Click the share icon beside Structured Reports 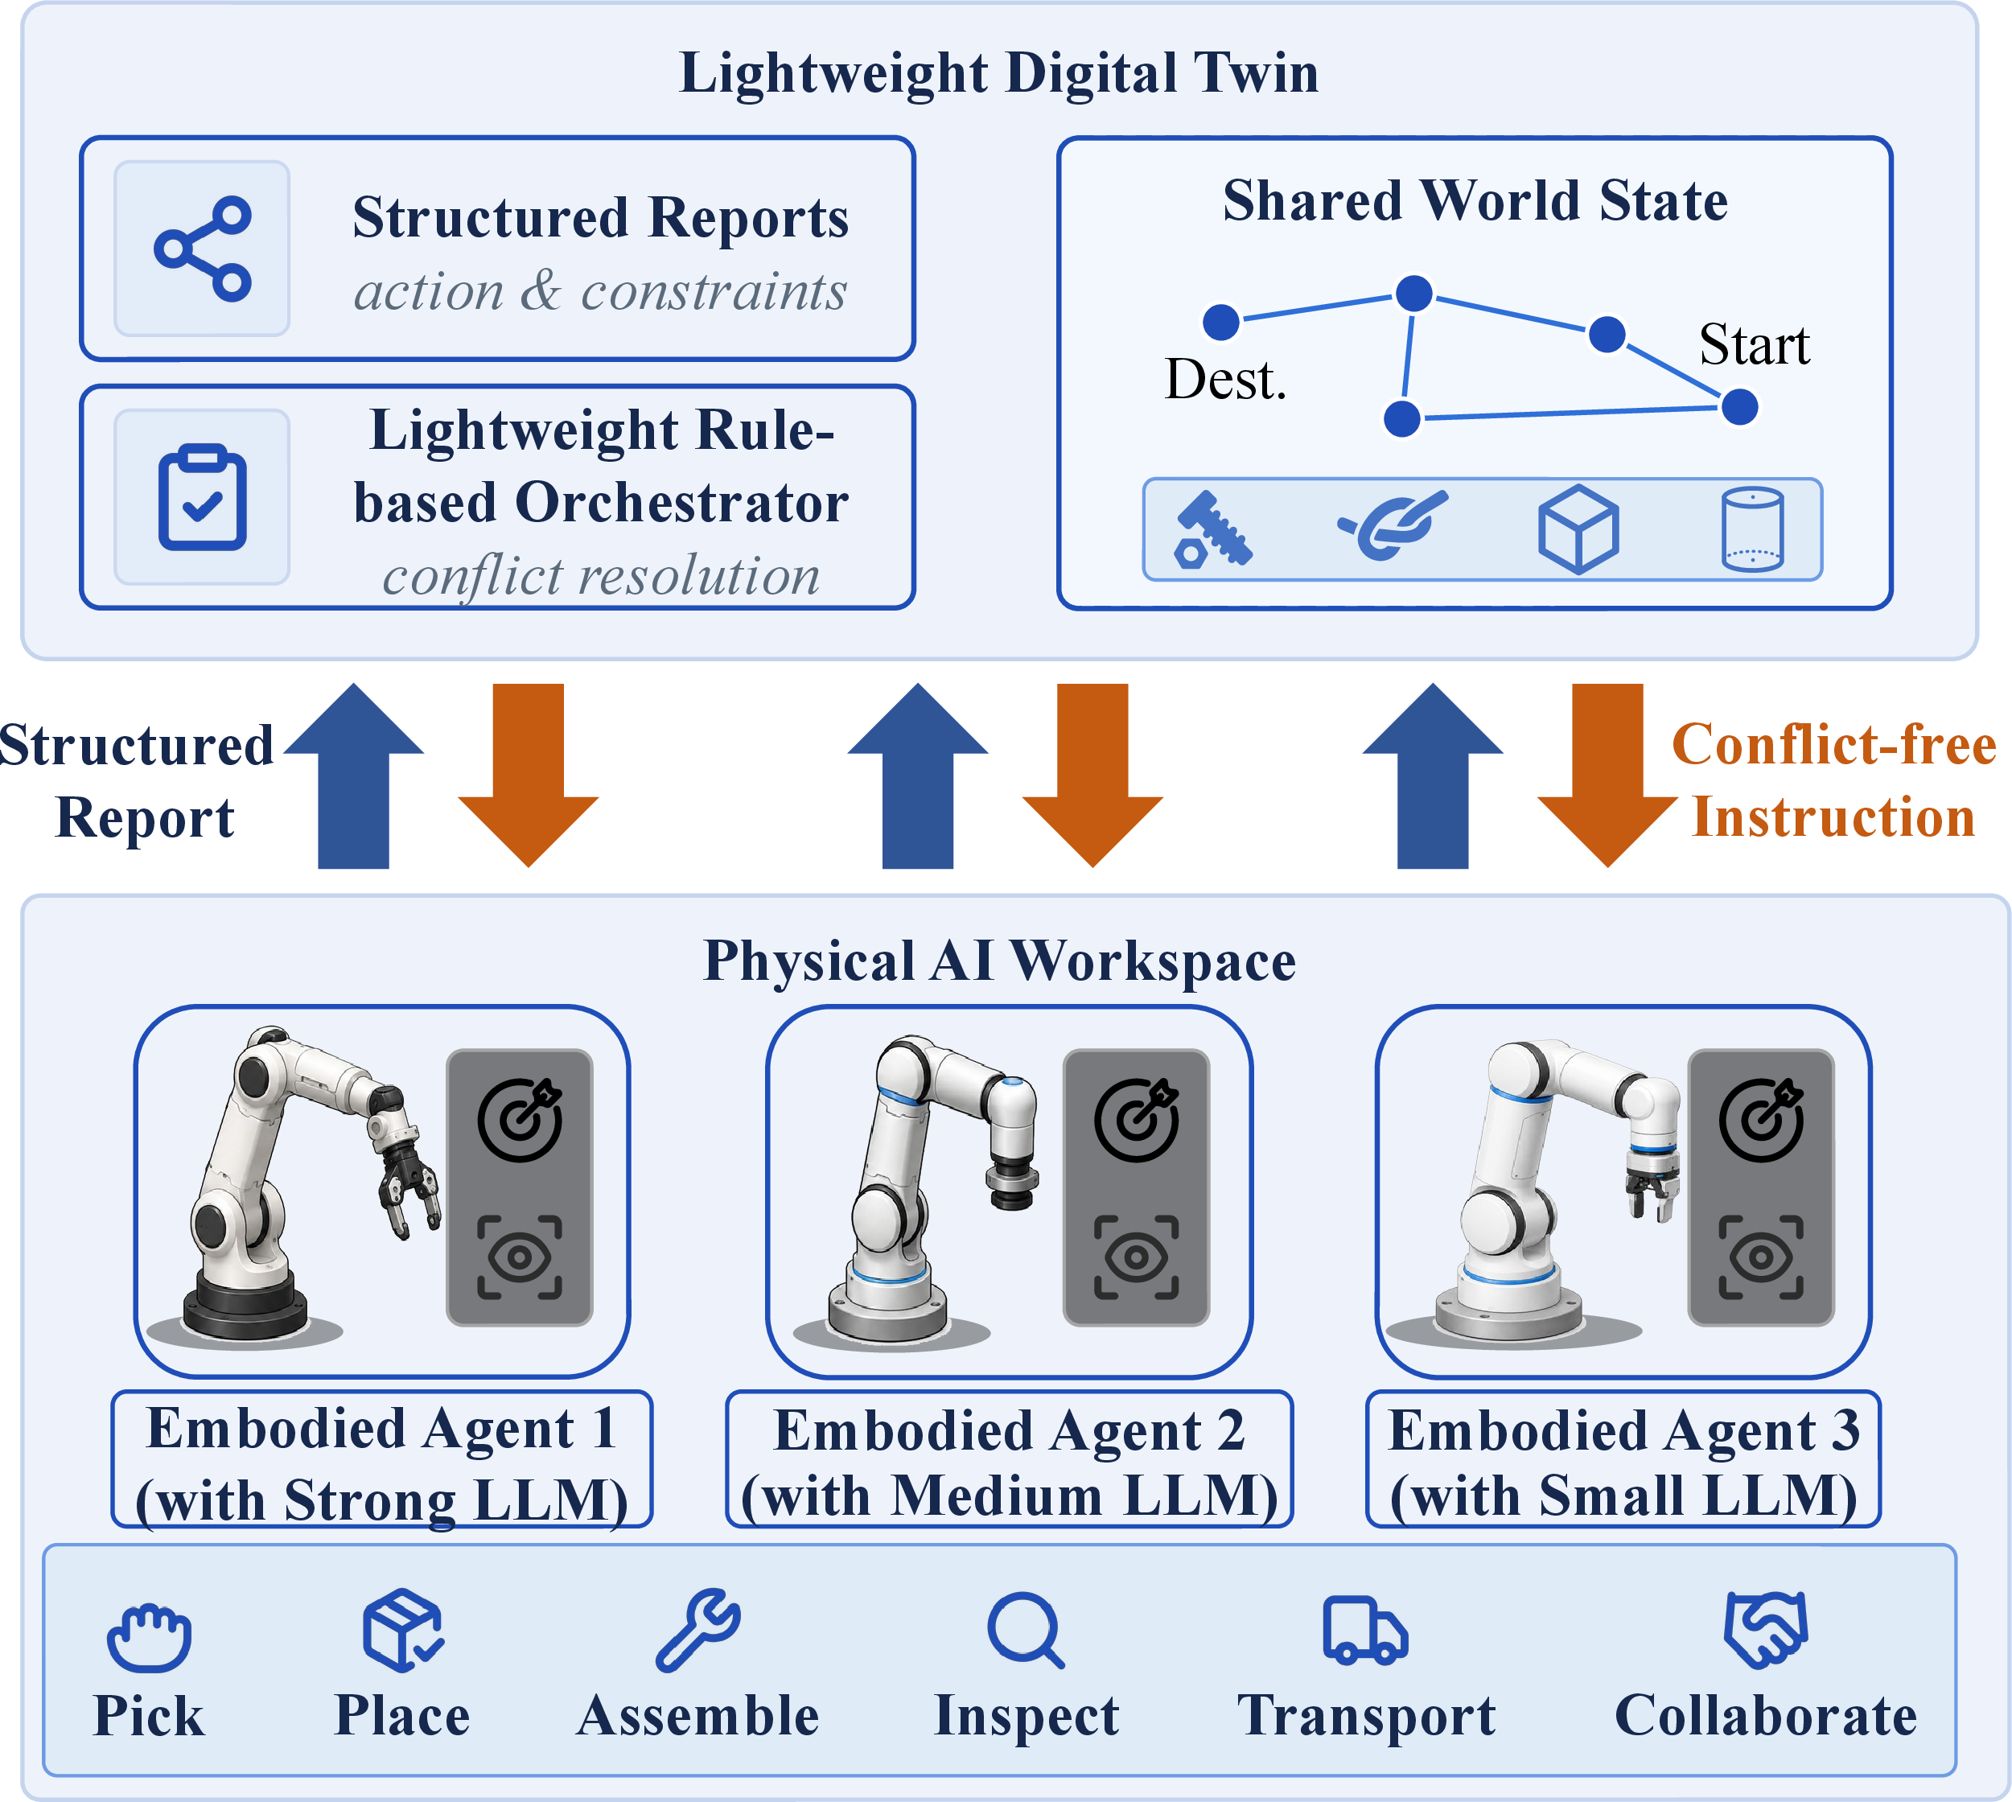(x=202, y=249)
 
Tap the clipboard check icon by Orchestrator (x=202, y=497)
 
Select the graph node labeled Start (x=1740, y=406)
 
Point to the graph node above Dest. (x=1221, y=321)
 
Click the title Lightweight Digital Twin (x=998, y=72)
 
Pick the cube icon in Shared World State (x=1578, y=529)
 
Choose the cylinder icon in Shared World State (x=1753, y=529)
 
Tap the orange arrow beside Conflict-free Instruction (x=1608, y=776)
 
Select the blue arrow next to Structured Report (x=353, y=776)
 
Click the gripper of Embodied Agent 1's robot (x=406, y=1184)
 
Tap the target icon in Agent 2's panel (x=1137, y=1119)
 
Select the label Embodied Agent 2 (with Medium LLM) (x=1010, y=1460)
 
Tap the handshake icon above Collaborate (x=1767, y=1630)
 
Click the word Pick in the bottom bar (x=149, y=1716)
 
